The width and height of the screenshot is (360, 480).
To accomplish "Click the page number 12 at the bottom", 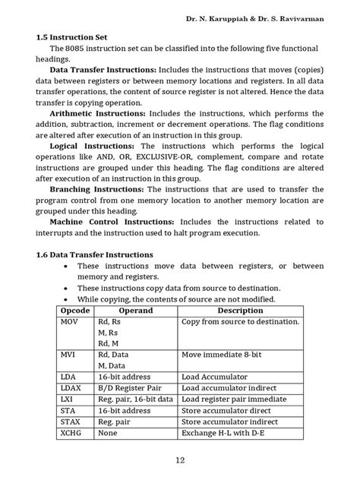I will pyautogui.click(x=180, y=460).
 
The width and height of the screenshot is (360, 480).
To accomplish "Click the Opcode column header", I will pyautogui.click(x=74, y=311).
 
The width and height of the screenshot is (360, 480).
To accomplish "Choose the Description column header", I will pyautogui.click(x=240, y=311).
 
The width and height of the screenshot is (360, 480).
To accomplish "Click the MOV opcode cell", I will pyautogui.click(x=69, y=322).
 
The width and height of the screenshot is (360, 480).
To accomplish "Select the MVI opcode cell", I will pyautogui.click(x=68, y=355).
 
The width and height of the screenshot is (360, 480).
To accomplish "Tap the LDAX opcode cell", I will pyautogui.click(x=71, y=387).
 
